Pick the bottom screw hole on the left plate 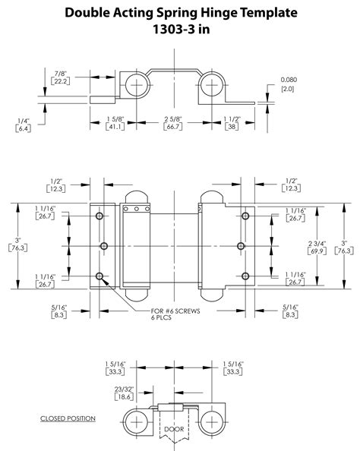tap(100, 276)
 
